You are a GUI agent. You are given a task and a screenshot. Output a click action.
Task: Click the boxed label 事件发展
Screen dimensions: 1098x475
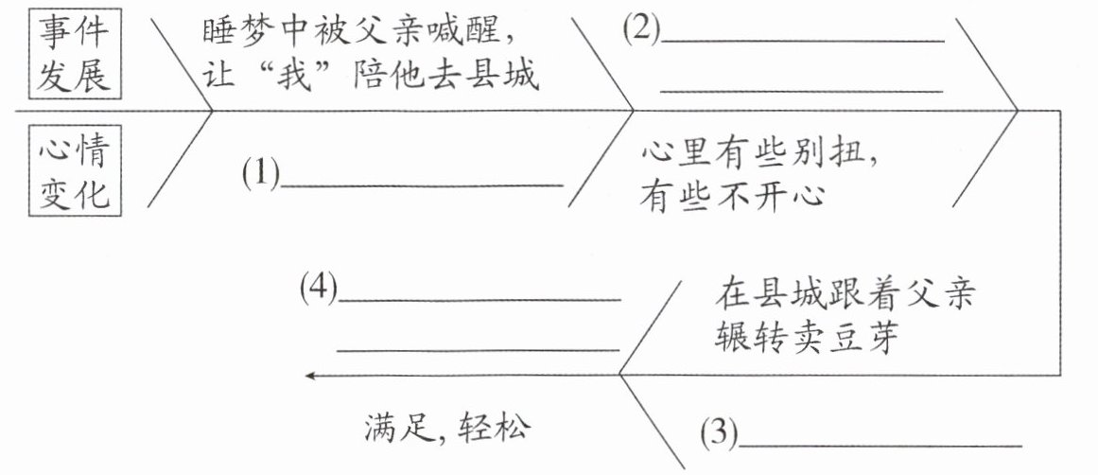coord(73,54)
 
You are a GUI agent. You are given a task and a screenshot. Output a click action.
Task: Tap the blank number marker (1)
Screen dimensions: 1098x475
coord(261,174)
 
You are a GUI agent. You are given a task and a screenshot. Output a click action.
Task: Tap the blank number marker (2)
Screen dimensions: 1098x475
coord(640,29)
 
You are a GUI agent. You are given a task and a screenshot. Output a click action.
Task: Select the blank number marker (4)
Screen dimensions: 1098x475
coord(318,288)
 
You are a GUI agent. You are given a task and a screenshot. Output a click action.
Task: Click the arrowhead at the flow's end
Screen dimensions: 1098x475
coord(310,376)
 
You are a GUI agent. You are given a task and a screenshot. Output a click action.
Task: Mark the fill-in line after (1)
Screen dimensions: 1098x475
coord(422,186)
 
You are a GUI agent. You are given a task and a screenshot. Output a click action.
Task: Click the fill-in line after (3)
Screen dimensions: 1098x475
coord(880,444)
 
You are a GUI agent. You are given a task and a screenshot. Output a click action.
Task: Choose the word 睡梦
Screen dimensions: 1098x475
coord(232,32)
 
